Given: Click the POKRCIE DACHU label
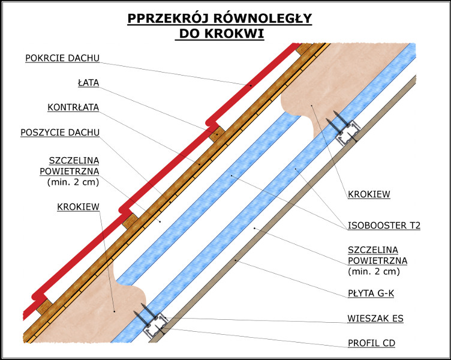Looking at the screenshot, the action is click(x=62, y=58).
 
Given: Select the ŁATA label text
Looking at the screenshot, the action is click(x=88, y=83).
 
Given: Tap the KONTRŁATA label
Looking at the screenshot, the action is click(x=73, y=107).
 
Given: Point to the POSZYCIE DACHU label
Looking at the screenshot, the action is click(x=60, y=133).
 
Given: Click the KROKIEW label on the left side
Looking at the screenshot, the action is click(x=78, y=207).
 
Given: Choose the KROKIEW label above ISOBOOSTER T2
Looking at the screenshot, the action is click(x=369, y=194).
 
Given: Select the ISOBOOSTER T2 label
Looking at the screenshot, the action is click(x=384, y=226).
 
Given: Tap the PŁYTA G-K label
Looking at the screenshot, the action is click(x=371, y=293).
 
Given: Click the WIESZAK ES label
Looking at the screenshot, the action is click(x=375, y=319).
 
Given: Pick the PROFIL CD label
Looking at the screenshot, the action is click(x=371, y=343).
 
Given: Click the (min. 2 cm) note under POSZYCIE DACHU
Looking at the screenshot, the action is click(x=73, y=182).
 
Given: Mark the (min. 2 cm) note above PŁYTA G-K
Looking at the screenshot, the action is click(x=374, y=271).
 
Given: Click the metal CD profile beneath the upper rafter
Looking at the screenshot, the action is click(x=348, y=133).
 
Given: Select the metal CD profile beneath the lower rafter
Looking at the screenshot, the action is click(x=155, y=326).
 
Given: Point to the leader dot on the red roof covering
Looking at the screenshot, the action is click(x=251, y=85).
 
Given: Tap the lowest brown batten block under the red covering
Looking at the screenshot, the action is click(x=44, y=307).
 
